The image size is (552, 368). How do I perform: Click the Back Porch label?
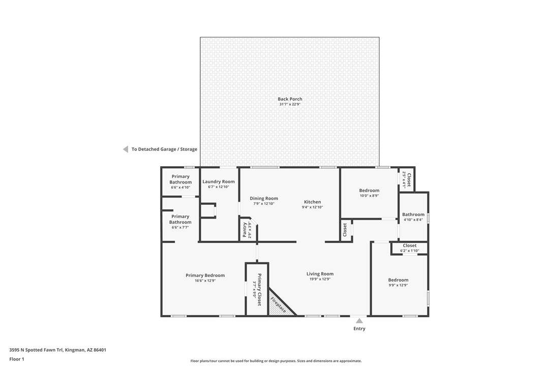tap(290, 99)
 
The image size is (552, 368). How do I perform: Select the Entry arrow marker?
tap(359, 321)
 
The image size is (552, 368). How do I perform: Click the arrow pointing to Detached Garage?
tap(126, 149)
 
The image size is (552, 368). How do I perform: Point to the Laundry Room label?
tap(218, 181)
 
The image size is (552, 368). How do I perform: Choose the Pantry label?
tap(244, 230)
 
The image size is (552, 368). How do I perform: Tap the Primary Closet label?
tap(259, 290)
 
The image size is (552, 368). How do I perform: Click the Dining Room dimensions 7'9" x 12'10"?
tap(264, 203)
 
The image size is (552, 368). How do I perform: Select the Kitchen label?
tap(312, 202)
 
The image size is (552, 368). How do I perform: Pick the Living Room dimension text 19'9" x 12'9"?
tap(320, 279)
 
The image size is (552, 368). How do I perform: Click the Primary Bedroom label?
tap(205, 275)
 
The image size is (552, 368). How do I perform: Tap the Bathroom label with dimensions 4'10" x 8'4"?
tap(413, 214)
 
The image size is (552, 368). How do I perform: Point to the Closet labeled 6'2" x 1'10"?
tap(409, 246)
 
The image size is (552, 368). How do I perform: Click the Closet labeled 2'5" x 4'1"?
tap(409, 179)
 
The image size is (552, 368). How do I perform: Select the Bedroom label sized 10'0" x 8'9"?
tap(370, 190)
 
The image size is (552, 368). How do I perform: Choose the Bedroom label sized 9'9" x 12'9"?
tap(398, 280)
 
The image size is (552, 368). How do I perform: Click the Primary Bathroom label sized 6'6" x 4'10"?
tap(180, 179)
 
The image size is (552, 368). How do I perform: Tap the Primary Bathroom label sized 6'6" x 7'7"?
tap(180, 219)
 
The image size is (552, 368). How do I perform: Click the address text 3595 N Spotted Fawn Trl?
tap(36, 350)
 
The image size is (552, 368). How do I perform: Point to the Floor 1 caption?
tap(17, 359)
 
